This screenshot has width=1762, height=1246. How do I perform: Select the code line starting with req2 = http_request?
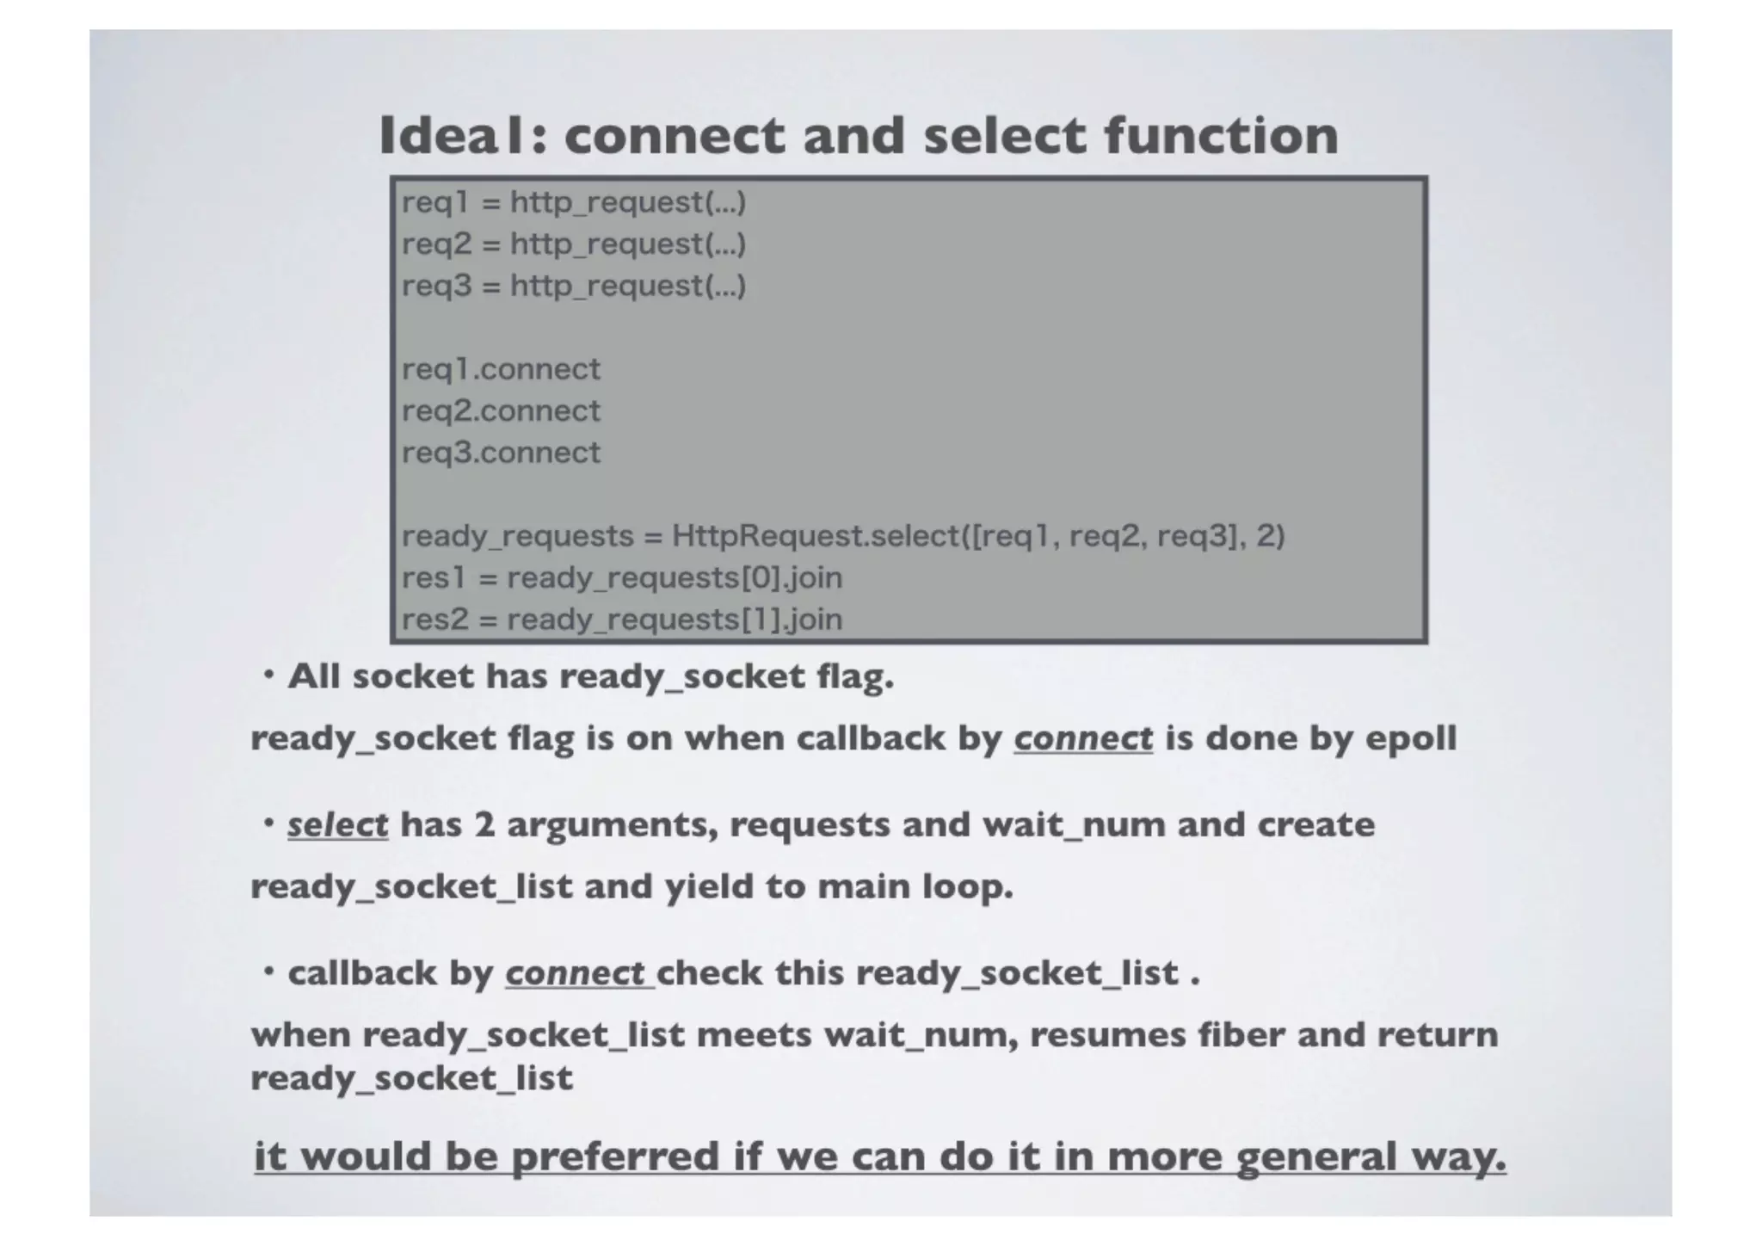pyautogui.click(x=574, y=244)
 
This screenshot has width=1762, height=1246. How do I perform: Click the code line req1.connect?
pyautogui.click(x=501, y=369)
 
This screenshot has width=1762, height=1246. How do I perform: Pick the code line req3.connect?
pyautogui.click(x=501, y=453)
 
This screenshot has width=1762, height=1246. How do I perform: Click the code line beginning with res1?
pyautogui.click(x=621, y=577)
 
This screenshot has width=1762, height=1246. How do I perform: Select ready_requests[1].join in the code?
pyautogui.click(x=675, y=620)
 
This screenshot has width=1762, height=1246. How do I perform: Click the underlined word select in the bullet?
pyautogui.click(x=337, y=825)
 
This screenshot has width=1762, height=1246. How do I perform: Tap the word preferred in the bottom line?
pyautogui.click(x=615, y=1156)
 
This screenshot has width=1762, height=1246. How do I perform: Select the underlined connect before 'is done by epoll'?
pyautogui.click(x=1083, y=738)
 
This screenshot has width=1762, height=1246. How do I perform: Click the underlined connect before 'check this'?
pyautogui.click(x=576, y=973)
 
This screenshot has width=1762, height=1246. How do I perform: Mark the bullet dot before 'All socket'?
pyautogui.click(x=269, y=676)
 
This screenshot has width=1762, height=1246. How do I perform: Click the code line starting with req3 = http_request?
pyautogui.click(x=574, y=286)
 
